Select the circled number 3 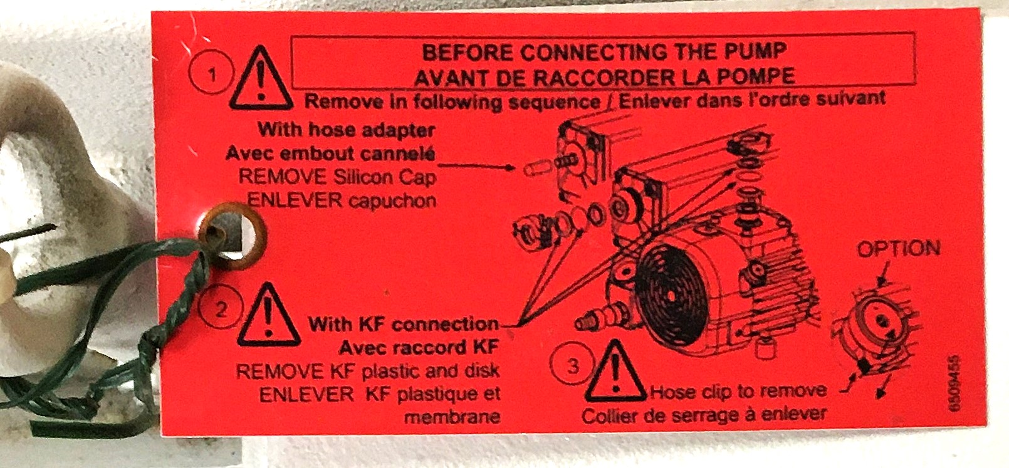(573, 366)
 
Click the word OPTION (898, 249)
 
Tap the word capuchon (392, 200)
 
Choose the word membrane (452, 417)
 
